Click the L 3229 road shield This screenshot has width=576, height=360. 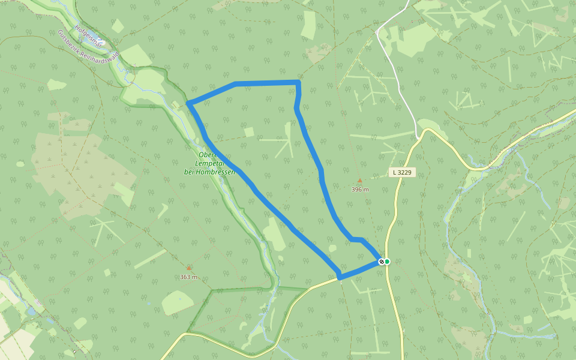point(402,172)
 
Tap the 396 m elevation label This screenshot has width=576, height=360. point(360,190)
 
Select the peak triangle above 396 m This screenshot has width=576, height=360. point(360,180)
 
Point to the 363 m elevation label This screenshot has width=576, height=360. point(188,277)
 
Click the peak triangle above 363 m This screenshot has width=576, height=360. point(189,268)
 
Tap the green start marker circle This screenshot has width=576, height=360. point(387,261)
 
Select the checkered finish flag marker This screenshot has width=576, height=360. point(381,261)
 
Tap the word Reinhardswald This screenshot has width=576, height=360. point(102,52)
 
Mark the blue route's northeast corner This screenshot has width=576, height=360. point(298,82)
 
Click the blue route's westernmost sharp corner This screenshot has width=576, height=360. point(188,103)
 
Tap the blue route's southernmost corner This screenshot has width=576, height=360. point(340,277)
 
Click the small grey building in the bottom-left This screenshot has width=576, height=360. point(74,352)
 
